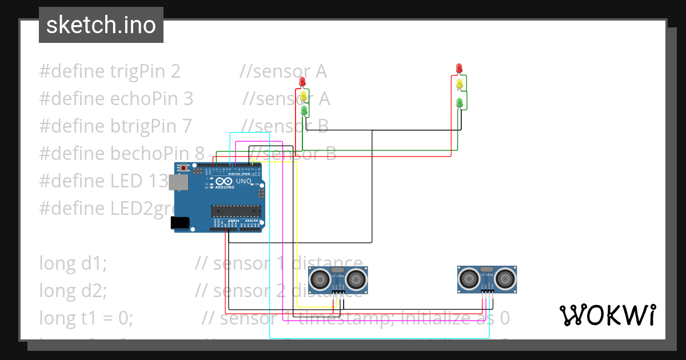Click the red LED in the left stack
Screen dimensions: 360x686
(302, 82)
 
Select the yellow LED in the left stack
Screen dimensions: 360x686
(304, 95)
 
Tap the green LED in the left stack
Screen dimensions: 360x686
(304, 109)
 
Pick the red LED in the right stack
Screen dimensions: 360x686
(458, 69)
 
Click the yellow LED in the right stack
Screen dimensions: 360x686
(459, 84)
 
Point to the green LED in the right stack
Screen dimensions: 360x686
(459, 103)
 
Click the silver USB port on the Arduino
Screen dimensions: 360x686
(180, 182)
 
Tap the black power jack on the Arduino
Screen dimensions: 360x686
(181, 222)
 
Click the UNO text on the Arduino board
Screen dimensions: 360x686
(244, 181)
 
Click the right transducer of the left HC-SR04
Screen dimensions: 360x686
(356, 278)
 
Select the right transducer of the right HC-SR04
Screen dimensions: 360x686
(505, 278)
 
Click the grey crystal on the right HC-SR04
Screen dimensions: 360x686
(487, 269)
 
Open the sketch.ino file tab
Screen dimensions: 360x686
(101, 25)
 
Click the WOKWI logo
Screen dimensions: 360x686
(607, 315)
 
